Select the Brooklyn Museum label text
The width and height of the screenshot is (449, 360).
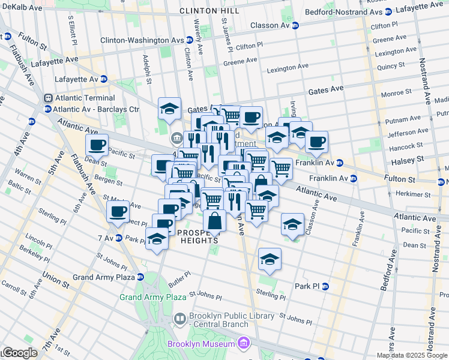coord(201,344)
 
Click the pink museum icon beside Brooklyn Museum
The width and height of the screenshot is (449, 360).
coord(243,343)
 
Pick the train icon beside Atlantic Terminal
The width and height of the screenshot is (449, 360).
coord(49,98)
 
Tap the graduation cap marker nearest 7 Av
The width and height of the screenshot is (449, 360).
coord(157,239)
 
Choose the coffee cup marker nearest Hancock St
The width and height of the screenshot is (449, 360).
coord(316,142)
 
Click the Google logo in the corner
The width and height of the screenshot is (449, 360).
coord(19,353)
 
